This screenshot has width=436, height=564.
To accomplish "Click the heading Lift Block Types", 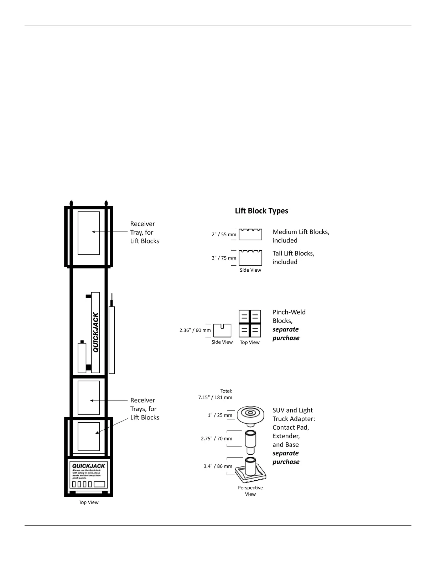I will tap(261, 211).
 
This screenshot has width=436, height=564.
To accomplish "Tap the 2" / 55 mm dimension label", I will tap(224, 234).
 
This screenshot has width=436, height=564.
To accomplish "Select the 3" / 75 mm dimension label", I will tap(224, 258).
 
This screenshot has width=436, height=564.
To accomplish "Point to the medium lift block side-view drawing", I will tap(250, 234).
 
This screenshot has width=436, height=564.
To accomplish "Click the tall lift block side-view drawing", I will tap(250, 258).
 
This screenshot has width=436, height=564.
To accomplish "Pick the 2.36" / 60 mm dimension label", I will tap(195, 330).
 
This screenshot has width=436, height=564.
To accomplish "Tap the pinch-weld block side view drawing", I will tap(222, 330).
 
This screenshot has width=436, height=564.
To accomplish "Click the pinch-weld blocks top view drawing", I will tap(250, 323).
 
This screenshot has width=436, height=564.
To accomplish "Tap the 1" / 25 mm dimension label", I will tap(220, 415).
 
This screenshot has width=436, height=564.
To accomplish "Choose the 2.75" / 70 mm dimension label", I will tap(216, 439).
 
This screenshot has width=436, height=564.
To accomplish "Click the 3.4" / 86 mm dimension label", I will tap(218, 466).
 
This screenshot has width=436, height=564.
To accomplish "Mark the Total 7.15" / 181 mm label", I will tap(216, 394).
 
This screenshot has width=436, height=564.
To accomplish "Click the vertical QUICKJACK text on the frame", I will tap(96, 332).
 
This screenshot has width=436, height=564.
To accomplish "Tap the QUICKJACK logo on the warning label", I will tap(89, 466).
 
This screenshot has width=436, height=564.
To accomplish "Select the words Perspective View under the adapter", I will tap(250, 491).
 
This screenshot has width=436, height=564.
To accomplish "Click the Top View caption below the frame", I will tap(89, 502).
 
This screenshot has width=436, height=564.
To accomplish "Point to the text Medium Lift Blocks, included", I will tap(301, 236).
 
